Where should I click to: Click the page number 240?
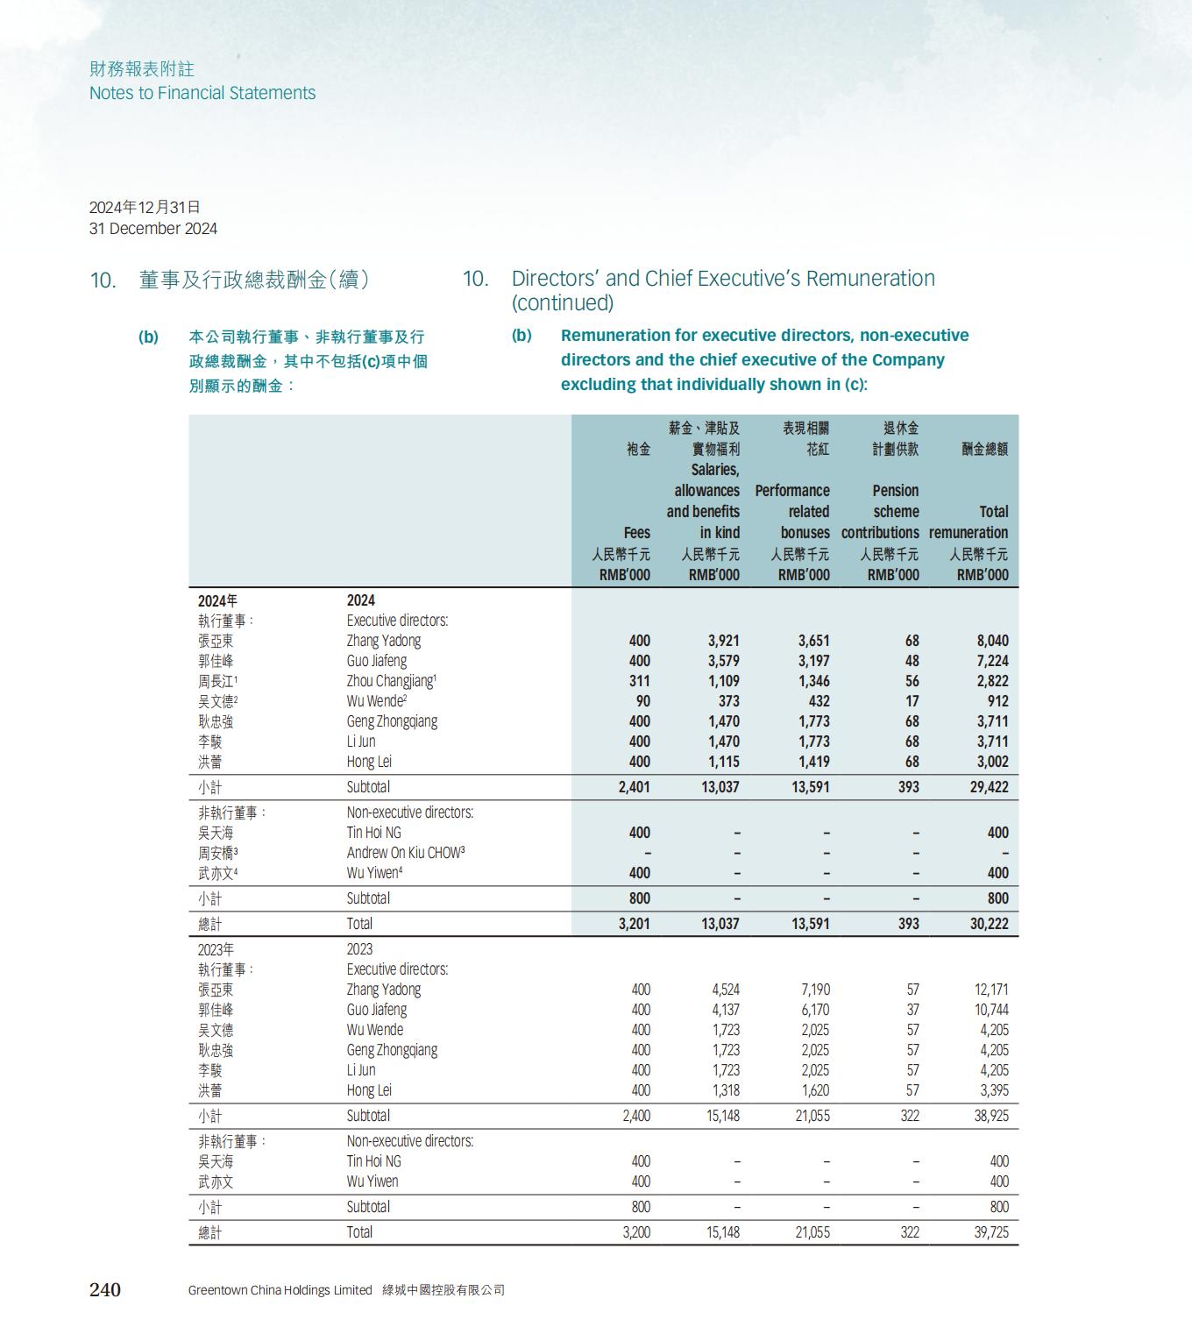pos(105,1289)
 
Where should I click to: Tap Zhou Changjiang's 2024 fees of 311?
pos(640,681)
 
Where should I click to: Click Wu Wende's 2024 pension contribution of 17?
pos(912,701)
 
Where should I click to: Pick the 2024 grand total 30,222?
pos(989,924)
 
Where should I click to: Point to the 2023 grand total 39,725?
pos(990,1232)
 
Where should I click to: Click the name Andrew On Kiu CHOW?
pos(403,853)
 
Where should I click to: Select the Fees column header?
pos(637,533)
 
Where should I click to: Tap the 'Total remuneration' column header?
pos(968,522)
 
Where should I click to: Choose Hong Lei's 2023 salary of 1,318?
pos(725,1090)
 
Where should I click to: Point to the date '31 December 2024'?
pos(153,229)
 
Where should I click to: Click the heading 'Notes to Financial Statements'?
pos(202,93)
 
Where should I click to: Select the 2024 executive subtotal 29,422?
pos(989,787)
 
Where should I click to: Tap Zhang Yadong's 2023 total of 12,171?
pos(991,990)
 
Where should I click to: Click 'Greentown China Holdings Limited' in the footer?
pos(280,1290)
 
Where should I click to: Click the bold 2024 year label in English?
pos(360,600)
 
